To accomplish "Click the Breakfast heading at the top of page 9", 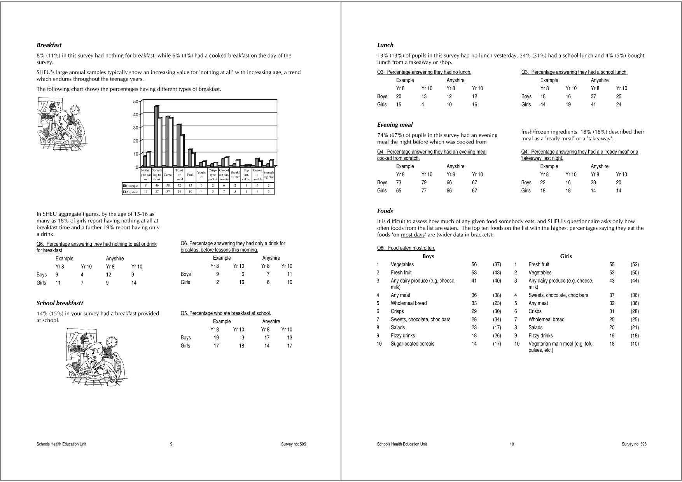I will click(49, 45).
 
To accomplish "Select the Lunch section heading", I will click(385, 45).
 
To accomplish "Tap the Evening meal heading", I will click(395, 125).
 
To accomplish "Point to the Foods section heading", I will click(385, 211).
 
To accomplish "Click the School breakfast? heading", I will click(60, 303).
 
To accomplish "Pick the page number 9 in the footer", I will click(171, 444).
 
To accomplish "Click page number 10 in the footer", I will click(512, 444).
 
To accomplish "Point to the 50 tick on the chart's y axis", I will click(136, 102).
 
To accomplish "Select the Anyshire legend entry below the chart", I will click(131, 192).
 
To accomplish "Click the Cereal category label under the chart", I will click(168, 175).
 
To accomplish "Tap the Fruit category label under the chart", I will click(190, 175).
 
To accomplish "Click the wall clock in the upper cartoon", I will click(75, 110).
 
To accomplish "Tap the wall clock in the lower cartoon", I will click(111, 342).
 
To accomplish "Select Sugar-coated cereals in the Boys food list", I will click(412, 344).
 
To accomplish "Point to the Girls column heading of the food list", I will click(566, 256).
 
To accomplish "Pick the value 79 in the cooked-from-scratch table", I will click(424, 182).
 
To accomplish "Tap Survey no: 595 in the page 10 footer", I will click(634, 444).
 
